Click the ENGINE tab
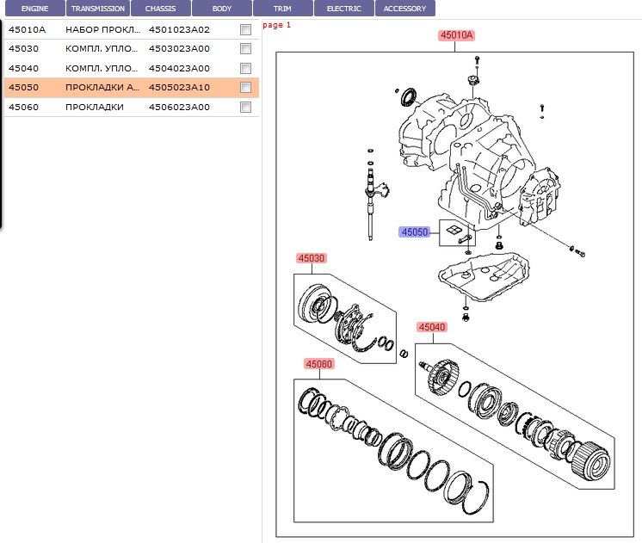point(34,9)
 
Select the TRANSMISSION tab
point(98,9)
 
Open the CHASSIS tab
point(160,9)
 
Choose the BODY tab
point(221,9)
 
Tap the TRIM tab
point(282,9)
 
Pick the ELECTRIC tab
point(343,9)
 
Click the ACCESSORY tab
point(404,9)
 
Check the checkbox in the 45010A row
point(245,29)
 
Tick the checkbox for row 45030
point(245,49)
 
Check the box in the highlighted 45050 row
point(245,88)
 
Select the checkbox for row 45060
point(245,108)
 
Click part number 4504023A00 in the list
point(179,68)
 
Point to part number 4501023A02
point(179,29)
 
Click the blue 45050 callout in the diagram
point(414,232)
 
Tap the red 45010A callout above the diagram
point(456,35)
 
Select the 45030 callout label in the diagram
point(312,258)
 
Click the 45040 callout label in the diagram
point(432,327)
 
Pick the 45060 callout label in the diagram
point(318,364)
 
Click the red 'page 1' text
point(277,25)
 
